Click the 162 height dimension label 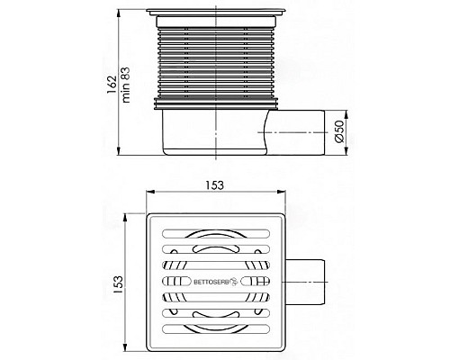(112, 85)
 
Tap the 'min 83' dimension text (126, 85)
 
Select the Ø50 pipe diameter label (338, 131)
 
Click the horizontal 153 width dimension (215, 185)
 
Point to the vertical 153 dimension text (118, 284)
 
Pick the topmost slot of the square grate (216, 233)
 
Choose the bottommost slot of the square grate (216, 328)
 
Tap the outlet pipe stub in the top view (305, 282)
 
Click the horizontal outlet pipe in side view (295, 132)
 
